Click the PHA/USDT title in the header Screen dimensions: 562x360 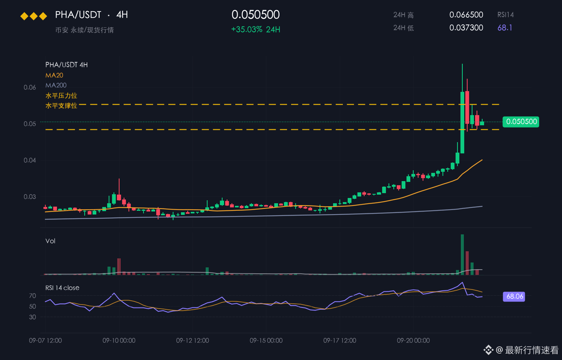(78, 15)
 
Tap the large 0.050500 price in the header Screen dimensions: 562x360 (256, 15)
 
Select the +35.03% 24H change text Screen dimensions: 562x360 (256, 29)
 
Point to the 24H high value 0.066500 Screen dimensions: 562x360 (466, 15)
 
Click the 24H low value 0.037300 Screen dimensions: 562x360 (466, 28)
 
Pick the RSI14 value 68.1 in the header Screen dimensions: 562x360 (505, 28)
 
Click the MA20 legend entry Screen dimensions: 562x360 (54, 75)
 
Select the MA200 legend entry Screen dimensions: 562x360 (56, 85)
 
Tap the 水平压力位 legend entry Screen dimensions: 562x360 (61, 95)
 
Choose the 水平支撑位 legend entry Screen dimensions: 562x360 (61, 105)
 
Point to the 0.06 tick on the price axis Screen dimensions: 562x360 (30, 87)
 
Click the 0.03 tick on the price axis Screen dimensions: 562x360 (30, 196)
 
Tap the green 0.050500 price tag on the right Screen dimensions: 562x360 (521, 122)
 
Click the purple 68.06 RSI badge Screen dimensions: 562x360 (514, 297)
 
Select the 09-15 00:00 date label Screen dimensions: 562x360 (266, 340)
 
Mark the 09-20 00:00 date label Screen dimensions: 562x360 (414, 340)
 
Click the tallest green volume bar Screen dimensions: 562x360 (462, 255)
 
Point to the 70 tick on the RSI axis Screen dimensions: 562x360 (33, 296)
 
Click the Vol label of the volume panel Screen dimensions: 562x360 (50, 241)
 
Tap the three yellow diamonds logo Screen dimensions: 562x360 (34, 16)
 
